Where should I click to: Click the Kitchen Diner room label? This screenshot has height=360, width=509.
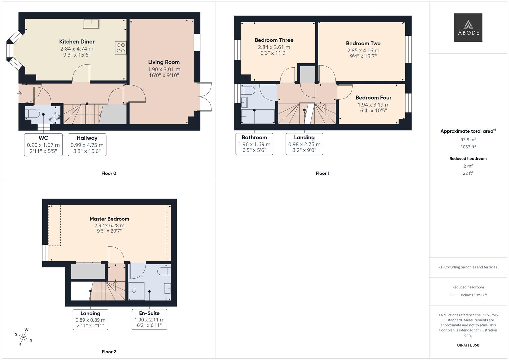click(x=77, y=42)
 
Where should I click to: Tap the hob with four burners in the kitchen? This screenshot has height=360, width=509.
click(x=121, y=48)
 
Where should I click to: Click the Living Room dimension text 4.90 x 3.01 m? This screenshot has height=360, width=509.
click(x=164, y=69)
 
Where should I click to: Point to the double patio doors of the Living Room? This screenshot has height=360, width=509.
click(x=205, y=97)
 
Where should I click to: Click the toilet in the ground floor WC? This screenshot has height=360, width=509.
click(x=32, y=113)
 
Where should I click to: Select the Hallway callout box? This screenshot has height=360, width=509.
click(x=87, y=145)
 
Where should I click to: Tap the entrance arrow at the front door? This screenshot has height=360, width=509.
click(x=19, y=93)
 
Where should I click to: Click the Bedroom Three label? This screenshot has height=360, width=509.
click(x=274, y=40)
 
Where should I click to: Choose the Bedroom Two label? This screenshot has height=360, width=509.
click(x=363, y=43)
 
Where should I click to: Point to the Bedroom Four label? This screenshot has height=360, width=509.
click(x=373, y=98)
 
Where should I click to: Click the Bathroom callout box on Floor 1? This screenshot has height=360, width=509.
click(x=254, y=144)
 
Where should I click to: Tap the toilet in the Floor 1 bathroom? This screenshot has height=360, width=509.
click(x=248, y=91)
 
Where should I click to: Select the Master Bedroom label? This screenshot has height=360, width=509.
click(x=109, y=219)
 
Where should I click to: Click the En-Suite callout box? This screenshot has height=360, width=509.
click(x=149, y=319)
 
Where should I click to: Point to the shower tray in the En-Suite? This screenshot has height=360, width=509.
click(x=137, y=291)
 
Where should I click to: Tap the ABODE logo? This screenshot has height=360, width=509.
click(x=468, y=28)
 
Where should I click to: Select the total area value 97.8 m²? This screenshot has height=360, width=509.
click(x=468, y=140)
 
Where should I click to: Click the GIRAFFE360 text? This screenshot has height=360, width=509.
click(x=468, y=345)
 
